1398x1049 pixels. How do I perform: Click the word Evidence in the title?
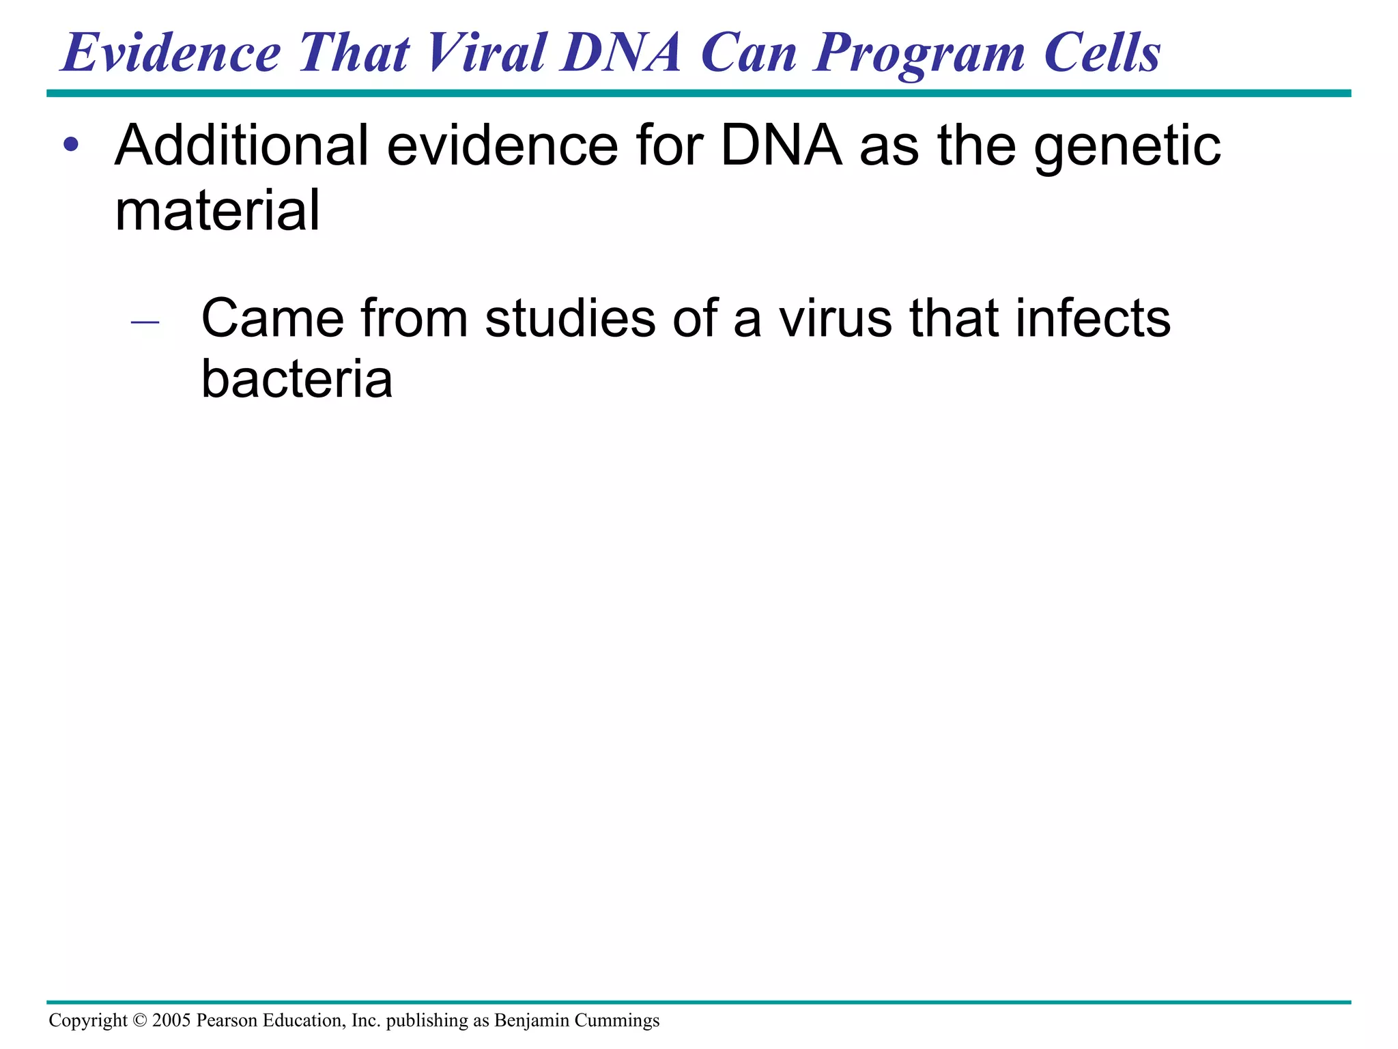171,53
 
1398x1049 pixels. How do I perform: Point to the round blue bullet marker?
71,145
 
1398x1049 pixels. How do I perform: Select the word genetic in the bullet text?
1127,147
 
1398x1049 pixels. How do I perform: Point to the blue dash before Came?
145,321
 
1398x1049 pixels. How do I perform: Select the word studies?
570,318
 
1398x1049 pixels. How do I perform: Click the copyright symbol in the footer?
139,1020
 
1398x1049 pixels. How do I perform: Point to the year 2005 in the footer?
171,1020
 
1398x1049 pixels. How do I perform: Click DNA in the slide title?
620,53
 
